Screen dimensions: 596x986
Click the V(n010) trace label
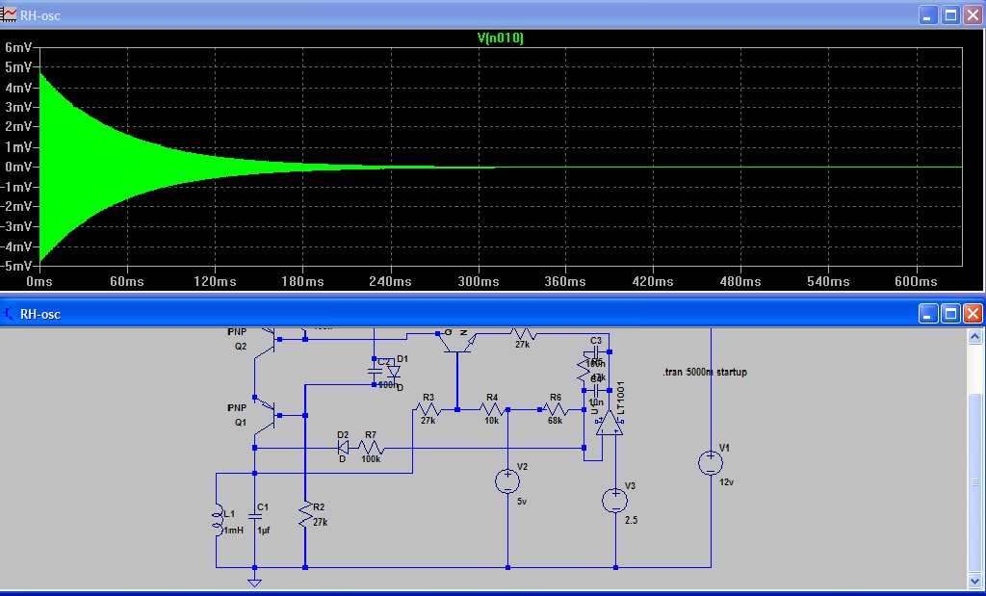coord(500,38)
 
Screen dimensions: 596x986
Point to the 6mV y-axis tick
coord(18,47)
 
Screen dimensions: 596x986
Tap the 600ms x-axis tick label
coord(915,281)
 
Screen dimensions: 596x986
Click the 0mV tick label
coord(18,167)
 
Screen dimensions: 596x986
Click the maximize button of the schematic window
coord(949,313)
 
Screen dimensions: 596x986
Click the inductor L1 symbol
coord(216,521)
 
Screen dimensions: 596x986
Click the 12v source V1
coord(710,463)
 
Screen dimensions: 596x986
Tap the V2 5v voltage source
coord(506,481)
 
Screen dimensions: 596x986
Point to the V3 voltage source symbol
coord(613,500)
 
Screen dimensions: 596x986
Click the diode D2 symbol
coord(343,448)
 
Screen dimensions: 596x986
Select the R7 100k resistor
coord(371,448)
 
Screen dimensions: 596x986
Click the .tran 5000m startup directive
coord(705,372)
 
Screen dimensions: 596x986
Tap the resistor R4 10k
coord(492,409)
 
